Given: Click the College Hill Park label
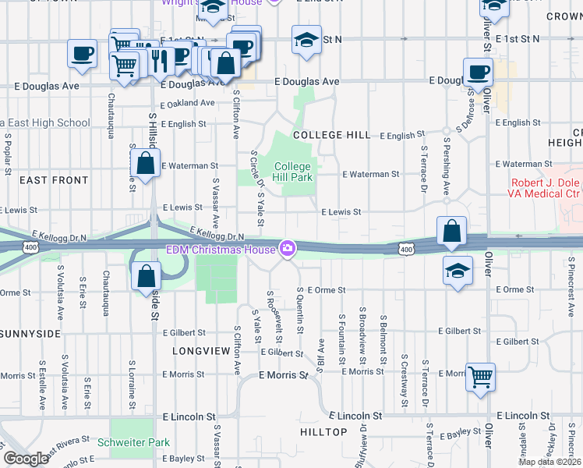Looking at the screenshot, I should (293, 172).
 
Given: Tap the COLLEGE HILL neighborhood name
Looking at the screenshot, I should (331, 135).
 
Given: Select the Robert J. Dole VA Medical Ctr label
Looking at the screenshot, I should (546, 187).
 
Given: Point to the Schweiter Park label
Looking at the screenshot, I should (134, 442).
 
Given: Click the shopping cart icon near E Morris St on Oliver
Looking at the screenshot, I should (481, 377).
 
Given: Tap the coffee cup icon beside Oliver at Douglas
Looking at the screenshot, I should (478, 72).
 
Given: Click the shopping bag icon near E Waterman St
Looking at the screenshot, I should (146, 163).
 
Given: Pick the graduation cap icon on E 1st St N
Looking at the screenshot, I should (306, 39).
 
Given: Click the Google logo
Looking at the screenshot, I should (26, 459).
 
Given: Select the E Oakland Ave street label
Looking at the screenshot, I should (187, 102).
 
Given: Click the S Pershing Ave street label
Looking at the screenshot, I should (447, 168).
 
